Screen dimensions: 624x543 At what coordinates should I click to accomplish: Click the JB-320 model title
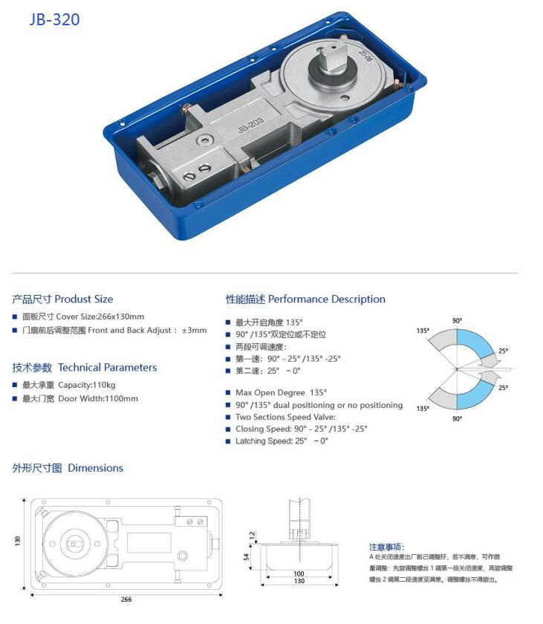pyautogui.click(x=54, y=19)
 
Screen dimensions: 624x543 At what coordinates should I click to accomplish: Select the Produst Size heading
pyautogui.click(x=62, y=299)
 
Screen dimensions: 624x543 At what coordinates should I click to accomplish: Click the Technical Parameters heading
pyautogui.click(x=85, y=367)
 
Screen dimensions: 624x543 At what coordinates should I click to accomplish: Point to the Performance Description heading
pyautogui.click(x=305, y=299)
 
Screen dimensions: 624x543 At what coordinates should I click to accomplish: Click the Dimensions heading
pyautogui.click(x=68, y=467)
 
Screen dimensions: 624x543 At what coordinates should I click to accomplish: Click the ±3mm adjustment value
pyautogui.click(x=195, y=330)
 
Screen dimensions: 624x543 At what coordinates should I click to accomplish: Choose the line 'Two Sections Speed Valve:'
pyautogui.click(x=285, y=417)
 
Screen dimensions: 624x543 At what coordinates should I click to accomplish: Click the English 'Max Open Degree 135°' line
pyautogui.click(x=281, y=392)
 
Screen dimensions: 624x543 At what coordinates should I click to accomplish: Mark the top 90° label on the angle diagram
pyautogui.click(x=457, y=320)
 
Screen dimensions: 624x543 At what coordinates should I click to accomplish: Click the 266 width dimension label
pyautogui.click(x=126, y=599)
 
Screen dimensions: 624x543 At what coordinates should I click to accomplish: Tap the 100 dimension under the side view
pyautogui.click(x=299, y=573)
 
